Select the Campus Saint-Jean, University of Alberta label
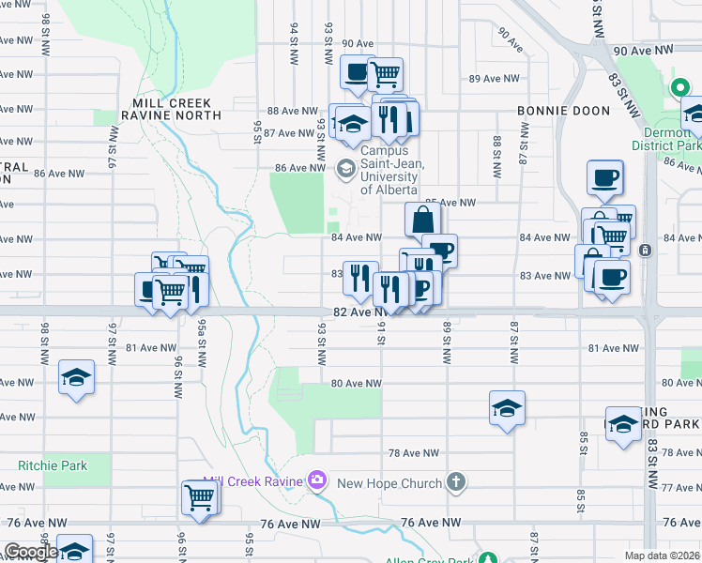click(392, 170)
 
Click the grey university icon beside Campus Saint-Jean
click(344, 168)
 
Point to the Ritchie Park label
click(52, 465)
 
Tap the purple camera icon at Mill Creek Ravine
click(316, 481)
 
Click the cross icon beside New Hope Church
click(455, 482)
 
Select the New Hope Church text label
click(389, 483)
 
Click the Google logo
click(30, 552)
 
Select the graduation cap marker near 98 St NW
click(75, 376)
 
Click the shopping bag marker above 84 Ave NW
click(423, 220)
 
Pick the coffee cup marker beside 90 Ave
click(357, 72)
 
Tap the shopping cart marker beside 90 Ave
click(385, 73)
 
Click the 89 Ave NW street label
click(487, 78)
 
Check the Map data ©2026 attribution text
click(663, 555)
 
